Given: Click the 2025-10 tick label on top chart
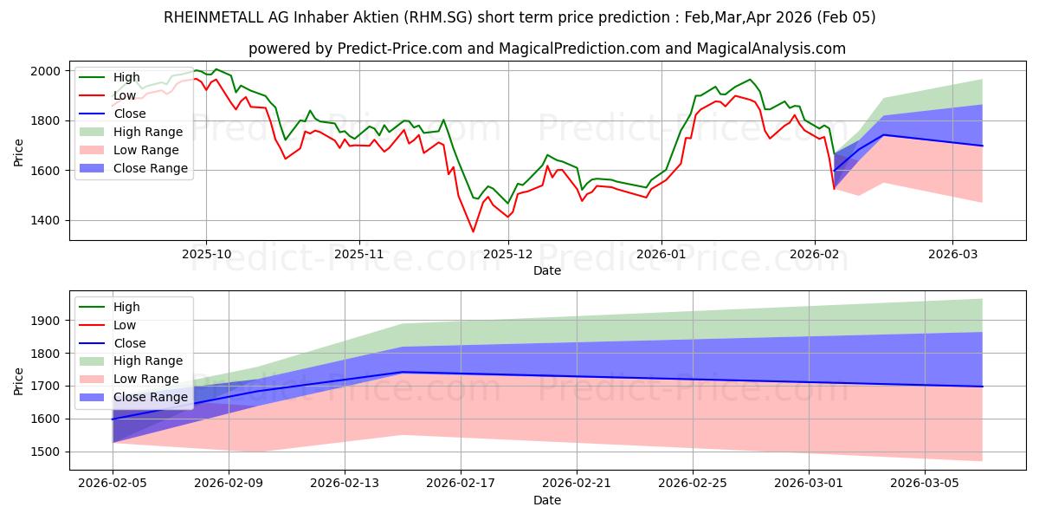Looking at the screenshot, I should pyautogui.click(x=206, y=254).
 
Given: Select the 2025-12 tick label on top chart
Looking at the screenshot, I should pyautogui.click(x=508, y=254).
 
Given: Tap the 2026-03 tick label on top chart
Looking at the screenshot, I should pyautogui.click(x=952, y=254).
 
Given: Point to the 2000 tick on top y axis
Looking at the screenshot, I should pyautogui.click(x=46, y=71).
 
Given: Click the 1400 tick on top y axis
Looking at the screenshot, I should pyautogui.click(x=46, y=221).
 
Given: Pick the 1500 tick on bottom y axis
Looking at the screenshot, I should pyautogui.click(x=46, y=452).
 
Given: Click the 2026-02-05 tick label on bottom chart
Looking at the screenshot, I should pyautogui.click(x=113, y=484).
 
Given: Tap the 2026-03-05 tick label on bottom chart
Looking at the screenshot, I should pyautogui.click(x=925, y=484).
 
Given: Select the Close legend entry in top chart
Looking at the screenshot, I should pyautogui.click(x=129, y=114).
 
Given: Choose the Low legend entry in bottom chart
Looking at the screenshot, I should pyautogui.click(x=126, y=325).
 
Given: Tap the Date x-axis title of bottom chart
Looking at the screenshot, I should pyautogui.click(x=546, y=500).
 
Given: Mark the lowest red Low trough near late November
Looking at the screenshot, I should pyautogui.click(x=473, y=231).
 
